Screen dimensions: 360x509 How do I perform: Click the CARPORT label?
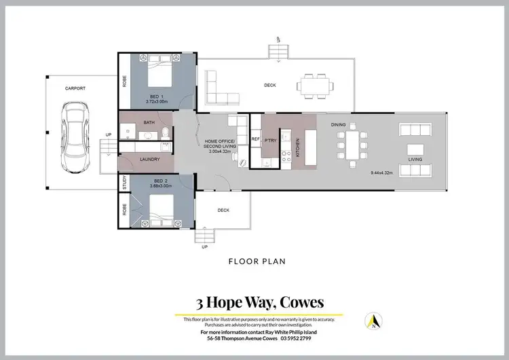point(75,88)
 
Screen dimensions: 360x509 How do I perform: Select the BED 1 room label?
point(156,96)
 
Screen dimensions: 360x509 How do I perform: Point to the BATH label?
point(149,123)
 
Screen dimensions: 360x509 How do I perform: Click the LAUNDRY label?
point(149,160)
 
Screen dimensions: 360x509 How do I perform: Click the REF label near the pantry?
point(255,139)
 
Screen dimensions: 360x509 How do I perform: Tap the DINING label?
point(339,125)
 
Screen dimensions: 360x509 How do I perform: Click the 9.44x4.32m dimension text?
point(383,173)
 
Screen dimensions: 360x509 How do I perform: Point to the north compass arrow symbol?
point(372,320)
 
